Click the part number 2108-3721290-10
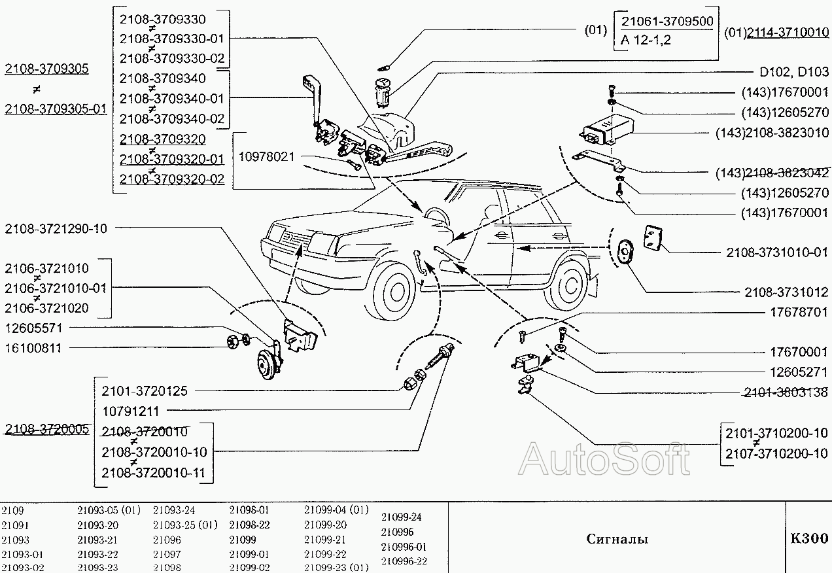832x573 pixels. click(x=56, y=229)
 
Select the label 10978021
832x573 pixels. click(x=266, y=157)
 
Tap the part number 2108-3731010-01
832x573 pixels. click(x=777, y=252)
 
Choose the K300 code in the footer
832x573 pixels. click(x=809, y=539)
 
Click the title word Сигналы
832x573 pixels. click(x=617, y=540)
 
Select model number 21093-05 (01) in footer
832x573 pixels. click(x=109, y=510)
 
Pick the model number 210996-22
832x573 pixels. click(x=404, y=561)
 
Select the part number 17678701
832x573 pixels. click(x=799, y=312)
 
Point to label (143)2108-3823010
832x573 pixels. click(x=772, y=133)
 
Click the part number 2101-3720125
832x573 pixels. click(x=145, y=391)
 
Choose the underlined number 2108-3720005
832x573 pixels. click(x=46, y=429)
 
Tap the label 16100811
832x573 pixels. click(x=33, y=348)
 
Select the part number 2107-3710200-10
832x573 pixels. click(x=776, y=453)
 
